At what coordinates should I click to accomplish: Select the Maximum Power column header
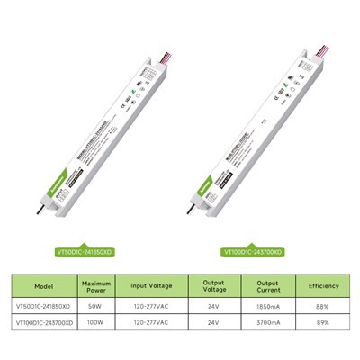(94, 286)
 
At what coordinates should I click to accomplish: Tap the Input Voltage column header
(154, 286)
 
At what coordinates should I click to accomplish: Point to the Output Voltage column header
(213, 286)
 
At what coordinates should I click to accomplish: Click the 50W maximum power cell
(94, 307)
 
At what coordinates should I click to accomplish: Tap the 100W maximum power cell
(94, 320)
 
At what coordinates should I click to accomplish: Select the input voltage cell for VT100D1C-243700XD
(154, 320)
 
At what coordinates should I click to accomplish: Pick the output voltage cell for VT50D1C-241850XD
(213, 307)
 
